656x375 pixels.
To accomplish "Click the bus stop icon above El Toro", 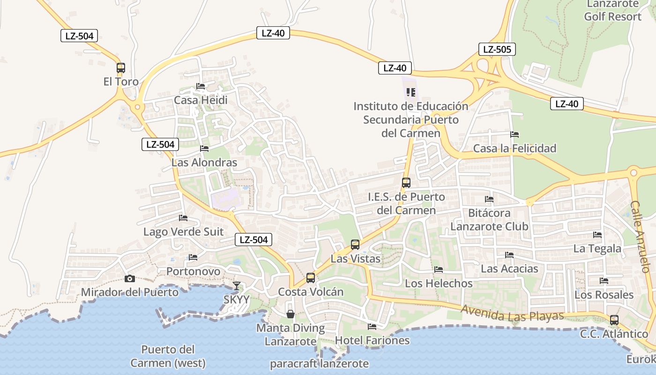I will (x=121, y=67).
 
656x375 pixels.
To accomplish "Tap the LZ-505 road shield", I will (x=497, y=49).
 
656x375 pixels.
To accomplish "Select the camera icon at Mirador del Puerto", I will (x=130, y=278).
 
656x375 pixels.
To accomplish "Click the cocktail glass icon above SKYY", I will (x=237, y=285).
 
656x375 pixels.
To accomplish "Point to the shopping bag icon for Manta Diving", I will (x=291, y=314).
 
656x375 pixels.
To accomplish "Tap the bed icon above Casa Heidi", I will (x=201, y=86).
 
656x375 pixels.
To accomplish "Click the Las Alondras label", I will (x=204, y=163).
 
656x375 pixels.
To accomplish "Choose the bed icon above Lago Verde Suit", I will (x=183, y=218).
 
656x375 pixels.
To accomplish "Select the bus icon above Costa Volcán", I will (x=310, y=277).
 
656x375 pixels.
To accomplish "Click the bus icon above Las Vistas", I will (x=355, y=244).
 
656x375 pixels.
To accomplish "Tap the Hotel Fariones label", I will (x=373, y=340).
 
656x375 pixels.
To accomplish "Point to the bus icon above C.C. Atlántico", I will (x=614, y=320).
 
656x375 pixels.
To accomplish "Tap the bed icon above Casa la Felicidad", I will (x=514, y=135).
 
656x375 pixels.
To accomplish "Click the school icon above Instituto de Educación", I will (x=411, y=92).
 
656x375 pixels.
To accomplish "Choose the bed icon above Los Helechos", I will (x=439, y=270).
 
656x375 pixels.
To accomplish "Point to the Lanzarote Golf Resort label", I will (x=613, y=10).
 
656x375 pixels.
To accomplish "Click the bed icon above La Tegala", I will (x=597, y=234).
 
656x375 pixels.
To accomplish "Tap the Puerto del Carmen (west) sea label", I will (x=168, y=356).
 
